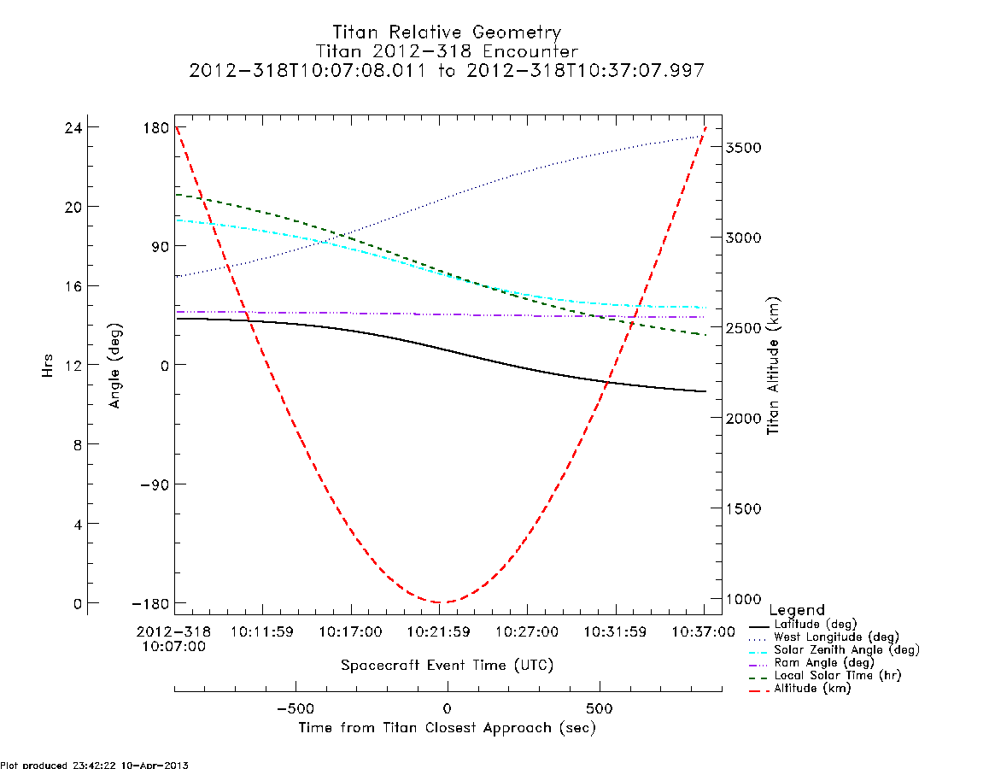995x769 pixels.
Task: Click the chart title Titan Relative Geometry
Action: (x=447, y=32)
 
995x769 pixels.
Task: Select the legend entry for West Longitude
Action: (x=836, y=637)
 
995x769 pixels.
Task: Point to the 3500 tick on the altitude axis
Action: (x=743, y=147)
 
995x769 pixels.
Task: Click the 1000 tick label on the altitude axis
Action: (x=743, y=599)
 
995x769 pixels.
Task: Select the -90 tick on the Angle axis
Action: (x=155, y=484)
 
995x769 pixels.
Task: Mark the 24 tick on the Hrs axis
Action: (x=73, y=127)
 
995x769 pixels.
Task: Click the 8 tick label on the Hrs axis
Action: (x=78, y=444)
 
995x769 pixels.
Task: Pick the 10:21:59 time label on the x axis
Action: (x=438, y=632)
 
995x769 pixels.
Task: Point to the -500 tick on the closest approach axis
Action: (x=296, y=708)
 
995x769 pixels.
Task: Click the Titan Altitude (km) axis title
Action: (x=773, y=367)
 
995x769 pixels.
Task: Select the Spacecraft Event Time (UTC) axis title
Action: (x=447, y=666)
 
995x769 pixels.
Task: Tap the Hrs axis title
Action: (x=47, y=367)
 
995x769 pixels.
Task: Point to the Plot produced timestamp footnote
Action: (x=95, y=765)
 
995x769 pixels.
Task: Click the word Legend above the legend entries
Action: (x=797, y=610)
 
